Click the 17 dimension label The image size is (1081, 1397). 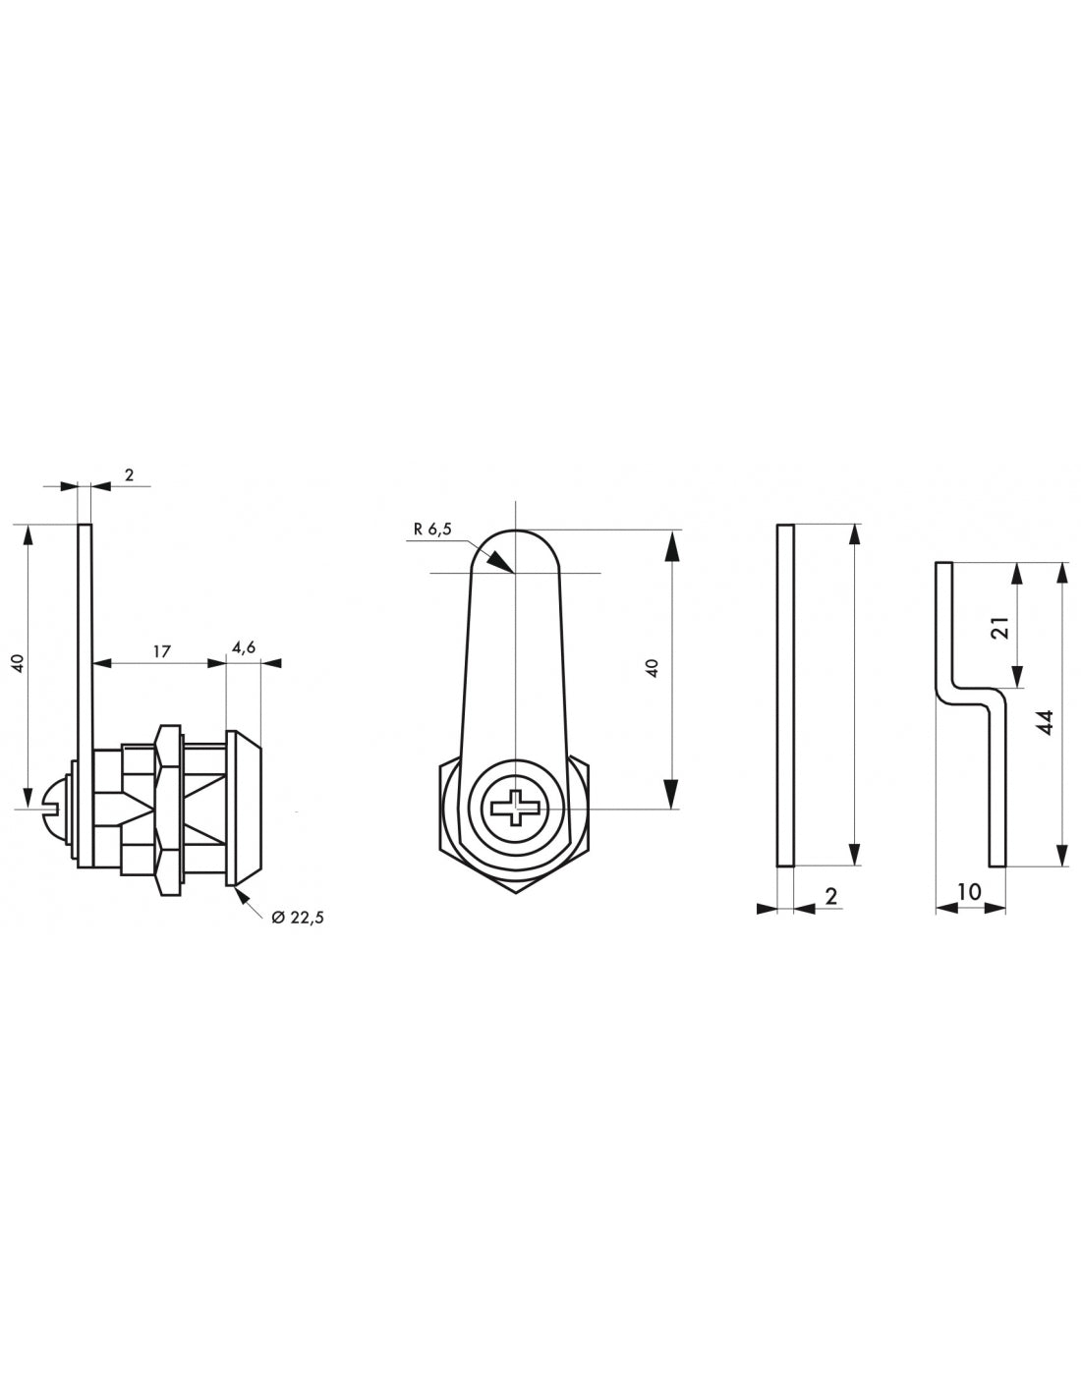click(x=162, y=650)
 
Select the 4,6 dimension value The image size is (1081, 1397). click(x=244, y=646)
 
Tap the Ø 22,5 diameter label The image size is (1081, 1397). click(x=297, y=917)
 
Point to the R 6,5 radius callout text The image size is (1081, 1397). click(x=432, y=529)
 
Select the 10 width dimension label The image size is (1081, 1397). click(x=968, y=892)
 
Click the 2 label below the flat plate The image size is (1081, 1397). click(x=830, y=895)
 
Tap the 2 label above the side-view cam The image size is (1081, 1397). click(x=129, y=475)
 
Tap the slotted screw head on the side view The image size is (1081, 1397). click(x=56, y=808)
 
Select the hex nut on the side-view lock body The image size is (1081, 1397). click(x=168, y=809)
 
